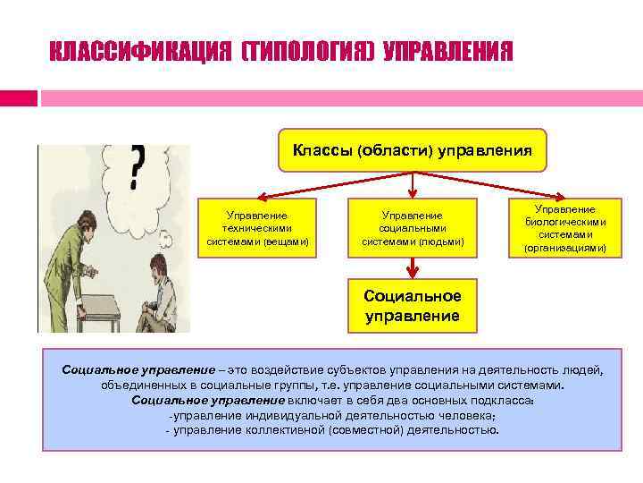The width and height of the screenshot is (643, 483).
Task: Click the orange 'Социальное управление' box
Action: [412, 306]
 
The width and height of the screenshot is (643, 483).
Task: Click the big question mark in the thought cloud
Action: [137, 166]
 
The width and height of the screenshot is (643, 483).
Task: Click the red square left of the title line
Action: [19, 97]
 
